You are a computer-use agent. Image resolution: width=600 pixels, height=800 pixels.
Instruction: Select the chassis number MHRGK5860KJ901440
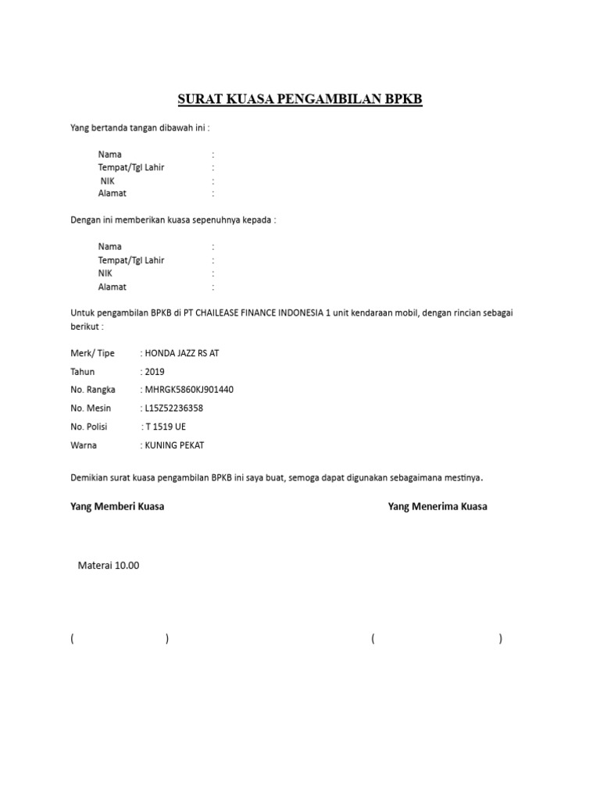pyautogui.click(x=187, y=389)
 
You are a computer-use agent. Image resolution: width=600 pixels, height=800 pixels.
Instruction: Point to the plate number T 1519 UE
pyautogui.click(x=164, y=427)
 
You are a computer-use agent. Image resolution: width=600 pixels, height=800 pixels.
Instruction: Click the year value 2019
pyautogui.click(x=154, y=371)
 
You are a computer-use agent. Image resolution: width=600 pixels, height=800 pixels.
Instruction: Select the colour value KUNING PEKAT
pyautogui.click(x=173, y=445)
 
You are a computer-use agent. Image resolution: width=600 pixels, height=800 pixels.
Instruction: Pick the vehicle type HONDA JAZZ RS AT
pyautogui.click(x=180, y=353)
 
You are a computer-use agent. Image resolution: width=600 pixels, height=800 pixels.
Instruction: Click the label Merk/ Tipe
pyautogui.click(x=92, y=353)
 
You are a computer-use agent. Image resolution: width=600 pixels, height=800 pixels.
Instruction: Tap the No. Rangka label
pyautogui.click(x=93, y=389)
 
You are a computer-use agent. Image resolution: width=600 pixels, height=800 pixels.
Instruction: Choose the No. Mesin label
pyautogui.click(x=91, y=408)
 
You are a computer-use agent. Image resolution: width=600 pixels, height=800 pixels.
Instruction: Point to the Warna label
pyautogui.click(x=84, y=445)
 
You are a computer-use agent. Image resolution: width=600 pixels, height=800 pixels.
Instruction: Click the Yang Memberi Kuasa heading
pyautogui.click(x=117, y=506)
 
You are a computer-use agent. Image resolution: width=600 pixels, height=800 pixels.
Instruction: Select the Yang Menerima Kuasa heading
pyautogui.click(x=437, y=506)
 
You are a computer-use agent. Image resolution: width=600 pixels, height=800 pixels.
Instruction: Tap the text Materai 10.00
pyautogui.click(x=108, y=566)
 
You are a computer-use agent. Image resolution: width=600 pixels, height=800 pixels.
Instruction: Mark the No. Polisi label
pyautogui.click(x=91, y=427)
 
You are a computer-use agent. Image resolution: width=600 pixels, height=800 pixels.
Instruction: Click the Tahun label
pyautogui.click(x=82, y=371)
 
